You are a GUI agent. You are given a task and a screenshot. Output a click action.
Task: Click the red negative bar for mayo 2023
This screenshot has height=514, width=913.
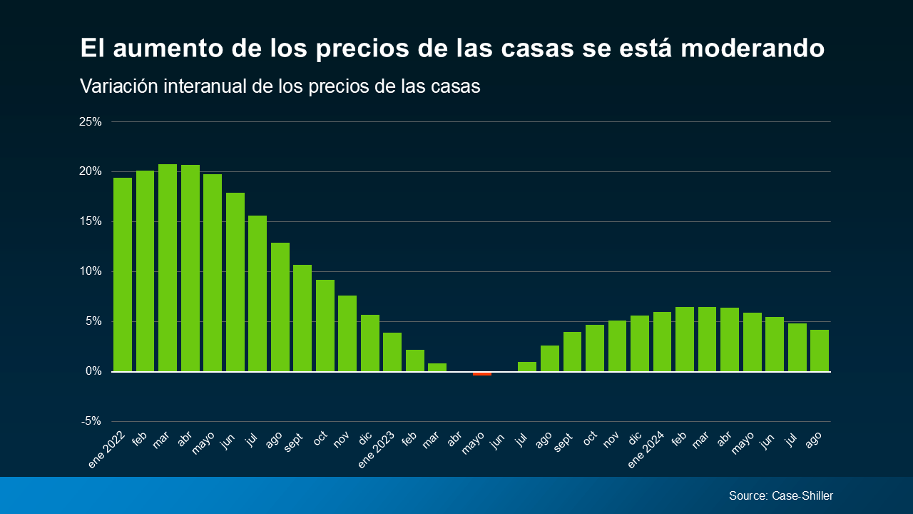[x=482, y=373]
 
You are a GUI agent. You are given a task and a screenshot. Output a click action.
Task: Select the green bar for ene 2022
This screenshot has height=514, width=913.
[x=123, y=275]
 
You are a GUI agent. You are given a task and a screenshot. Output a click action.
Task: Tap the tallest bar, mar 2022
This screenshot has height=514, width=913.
[x=168, y=268]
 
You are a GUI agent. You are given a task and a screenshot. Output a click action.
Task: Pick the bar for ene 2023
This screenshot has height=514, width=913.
[x=392, y=352]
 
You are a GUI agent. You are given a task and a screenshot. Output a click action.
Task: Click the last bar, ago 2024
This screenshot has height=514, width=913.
[x=820, y=351]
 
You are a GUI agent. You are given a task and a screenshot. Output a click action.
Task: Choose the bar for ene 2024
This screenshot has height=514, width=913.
[x=663, y=342]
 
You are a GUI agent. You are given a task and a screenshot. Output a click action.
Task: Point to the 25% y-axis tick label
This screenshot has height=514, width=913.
[x=91, y=121]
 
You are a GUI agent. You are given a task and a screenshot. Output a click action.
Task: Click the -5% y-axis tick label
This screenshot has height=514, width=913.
[x=91, y=421]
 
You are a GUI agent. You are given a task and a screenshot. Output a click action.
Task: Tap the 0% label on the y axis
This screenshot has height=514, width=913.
[x=93, y=371]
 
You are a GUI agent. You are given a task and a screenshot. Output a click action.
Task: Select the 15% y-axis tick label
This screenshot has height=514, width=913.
[x=91, y=221]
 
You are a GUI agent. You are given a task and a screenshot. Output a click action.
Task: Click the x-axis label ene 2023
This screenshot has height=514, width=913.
[x=377, y=449]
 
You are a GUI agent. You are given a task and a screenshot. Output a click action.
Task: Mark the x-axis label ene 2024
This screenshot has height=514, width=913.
[x=646, y=449]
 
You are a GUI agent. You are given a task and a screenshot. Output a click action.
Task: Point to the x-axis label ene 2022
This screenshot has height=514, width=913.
[x=107, y=449]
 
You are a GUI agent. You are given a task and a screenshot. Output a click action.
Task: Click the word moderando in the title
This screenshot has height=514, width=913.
[x=753, y=48]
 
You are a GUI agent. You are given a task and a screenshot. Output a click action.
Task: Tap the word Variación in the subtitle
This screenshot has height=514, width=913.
[x=119, y=86]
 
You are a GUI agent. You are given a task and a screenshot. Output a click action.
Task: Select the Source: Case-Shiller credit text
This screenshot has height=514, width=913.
[x=781, y=495]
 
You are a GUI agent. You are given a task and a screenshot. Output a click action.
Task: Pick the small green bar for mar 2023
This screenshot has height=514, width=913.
[x=437, y=367]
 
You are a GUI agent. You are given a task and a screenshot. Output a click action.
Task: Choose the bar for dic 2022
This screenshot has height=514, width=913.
[x=370, y=343]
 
